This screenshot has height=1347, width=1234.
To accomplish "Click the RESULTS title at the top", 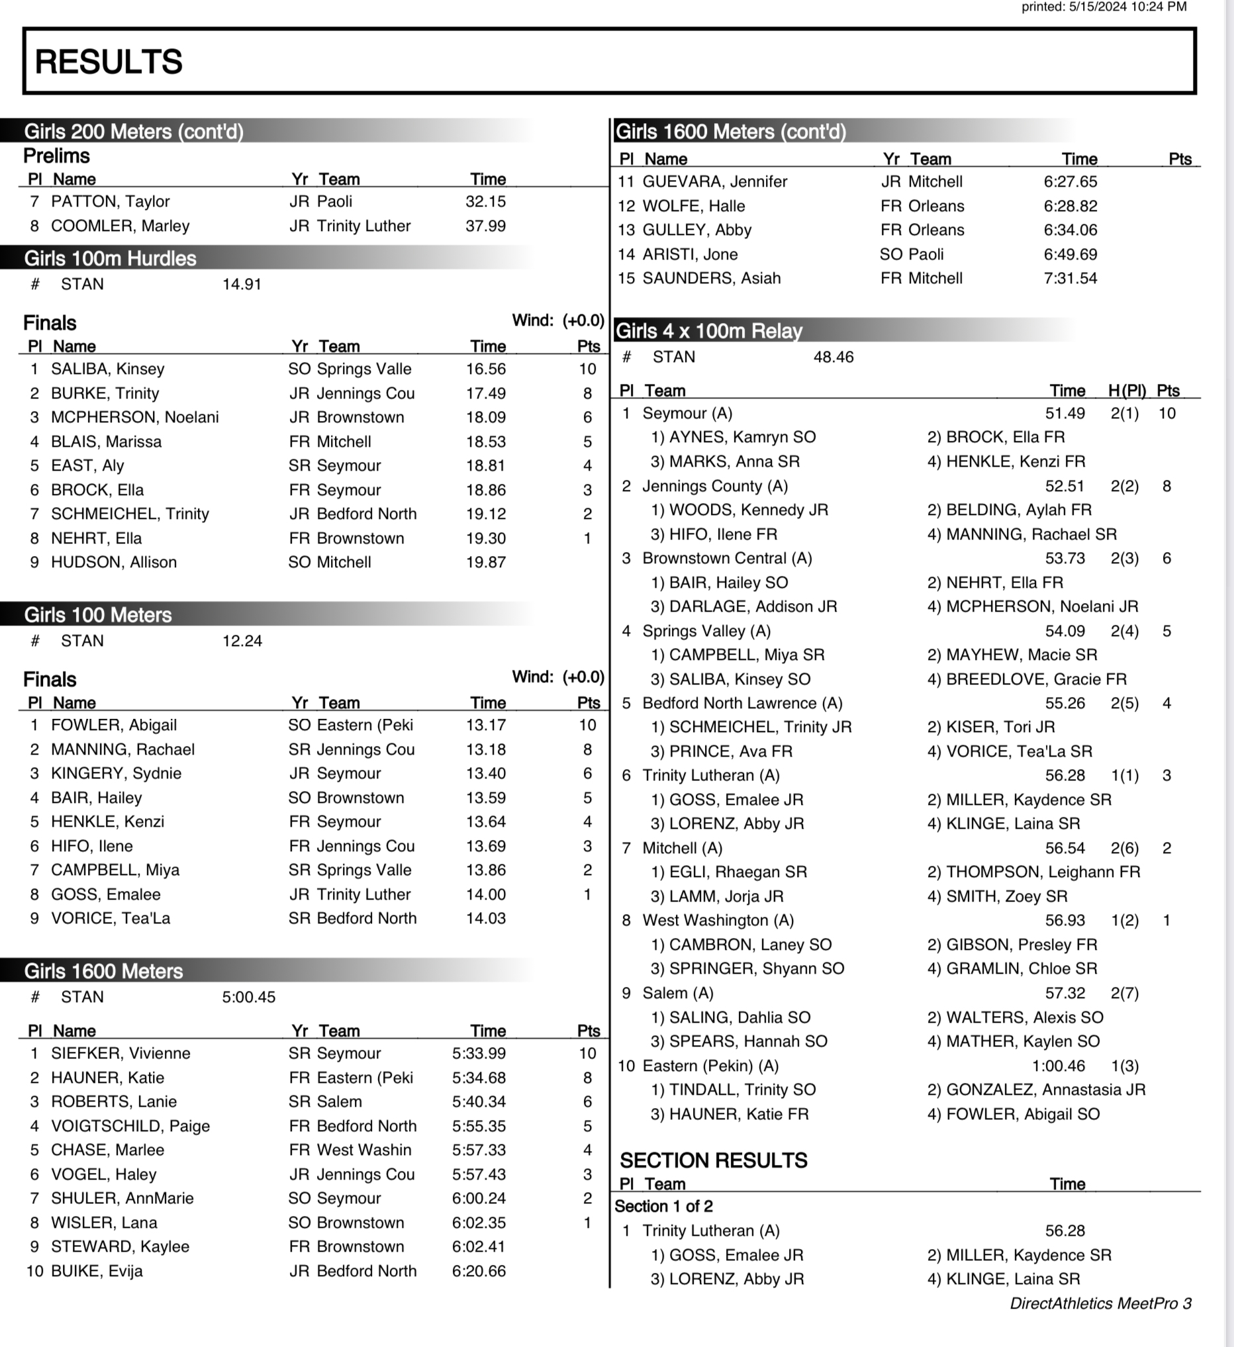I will (x=108, y=62).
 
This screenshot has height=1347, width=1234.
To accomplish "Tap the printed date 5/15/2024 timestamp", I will (x=1104, y=7).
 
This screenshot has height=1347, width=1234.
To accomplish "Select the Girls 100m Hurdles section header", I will (x=111, y=259).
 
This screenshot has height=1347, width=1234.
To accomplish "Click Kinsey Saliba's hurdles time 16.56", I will (x=486, y=369).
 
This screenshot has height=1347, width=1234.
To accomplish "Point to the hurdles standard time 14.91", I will (x=242, y=284).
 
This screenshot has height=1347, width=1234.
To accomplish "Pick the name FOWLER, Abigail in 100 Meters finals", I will (x=114, y=725).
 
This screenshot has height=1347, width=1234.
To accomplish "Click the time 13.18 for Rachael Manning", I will (x=486, y=749).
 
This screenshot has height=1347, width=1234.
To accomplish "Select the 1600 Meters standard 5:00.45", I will (x=248, y=997).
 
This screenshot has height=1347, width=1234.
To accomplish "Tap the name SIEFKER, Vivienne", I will (x=120, y=1053).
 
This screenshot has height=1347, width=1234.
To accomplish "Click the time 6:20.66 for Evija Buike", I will (x=479, y=1271).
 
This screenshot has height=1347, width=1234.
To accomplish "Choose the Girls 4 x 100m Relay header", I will (x=708, y=331).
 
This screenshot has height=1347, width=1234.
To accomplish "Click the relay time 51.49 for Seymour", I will (x=1065, y=413).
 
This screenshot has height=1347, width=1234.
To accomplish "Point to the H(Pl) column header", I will (x=1127, y=391).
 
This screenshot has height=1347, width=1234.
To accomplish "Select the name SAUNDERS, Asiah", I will (x=711, y=278).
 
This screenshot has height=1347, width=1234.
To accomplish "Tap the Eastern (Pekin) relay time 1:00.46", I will (x=1059, y=1065).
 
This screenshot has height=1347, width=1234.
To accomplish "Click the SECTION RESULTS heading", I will (x=713, y=1160).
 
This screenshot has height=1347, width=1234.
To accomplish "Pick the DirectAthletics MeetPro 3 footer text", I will (x=1100, y=1303).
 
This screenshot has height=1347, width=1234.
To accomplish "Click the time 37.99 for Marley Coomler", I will (x=486, y=226).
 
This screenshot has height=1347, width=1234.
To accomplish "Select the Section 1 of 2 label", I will (x=663, y=1206).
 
